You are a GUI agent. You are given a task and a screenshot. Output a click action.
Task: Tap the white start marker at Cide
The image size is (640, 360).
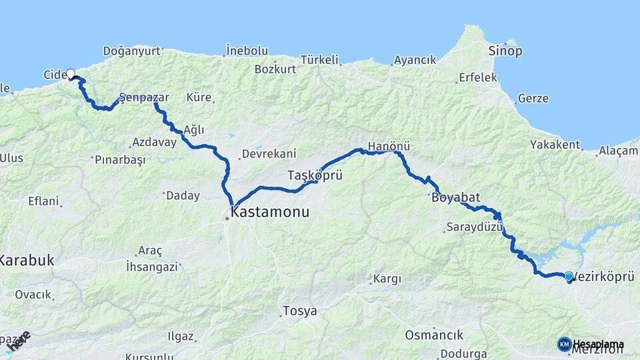pyautogui.click(x=70, y=74)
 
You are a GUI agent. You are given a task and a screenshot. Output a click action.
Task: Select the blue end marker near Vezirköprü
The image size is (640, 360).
pyautogui.click(x=568, y=276)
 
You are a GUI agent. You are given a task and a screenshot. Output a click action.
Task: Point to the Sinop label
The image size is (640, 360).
pyautogui.click(x=505, y=51)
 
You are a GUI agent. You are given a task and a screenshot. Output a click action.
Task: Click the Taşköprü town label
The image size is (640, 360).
pyautogui.click(x=315, y=176)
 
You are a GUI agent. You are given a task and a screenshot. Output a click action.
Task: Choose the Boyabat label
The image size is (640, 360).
pyautogui.click(x=453, y=197)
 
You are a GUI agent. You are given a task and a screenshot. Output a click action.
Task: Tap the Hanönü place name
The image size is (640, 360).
pyautogui.click(x=389, y=146)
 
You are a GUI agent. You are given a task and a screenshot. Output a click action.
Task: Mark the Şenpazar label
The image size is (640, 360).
pyautogui.click(x=144, y=97)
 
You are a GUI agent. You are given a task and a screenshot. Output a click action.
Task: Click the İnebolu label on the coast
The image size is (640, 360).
pyautogui.click(x=247, y=51)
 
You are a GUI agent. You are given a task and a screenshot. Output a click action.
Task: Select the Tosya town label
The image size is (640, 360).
pyautogui.click(x=299, y=311)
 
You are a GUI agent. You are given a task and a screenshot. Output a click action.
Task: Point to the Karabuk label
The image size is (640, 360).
pyautogui.click(x=27, y=261)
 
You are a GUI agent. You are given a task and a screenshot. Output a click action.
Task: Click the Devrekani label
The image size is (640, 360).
pyautogui.click(x=269, y=153)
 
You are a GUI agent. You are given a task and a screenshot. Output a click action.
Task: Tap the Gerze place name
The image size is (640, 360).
pyautogui.click(x=533, y=99)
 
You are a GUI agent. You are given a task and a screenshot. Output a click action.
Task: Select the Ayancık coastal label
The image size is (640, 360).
pyautogui.click(x=415, y=60)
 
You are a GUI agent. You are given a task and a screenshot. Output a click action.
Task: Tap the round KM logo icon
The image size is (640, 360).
pyautogui.click(x=564, y=344)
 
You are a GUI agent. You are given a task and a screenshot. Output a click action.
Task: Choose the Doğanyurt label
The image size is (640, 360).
pyautogui.click(x=133, y=51)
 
